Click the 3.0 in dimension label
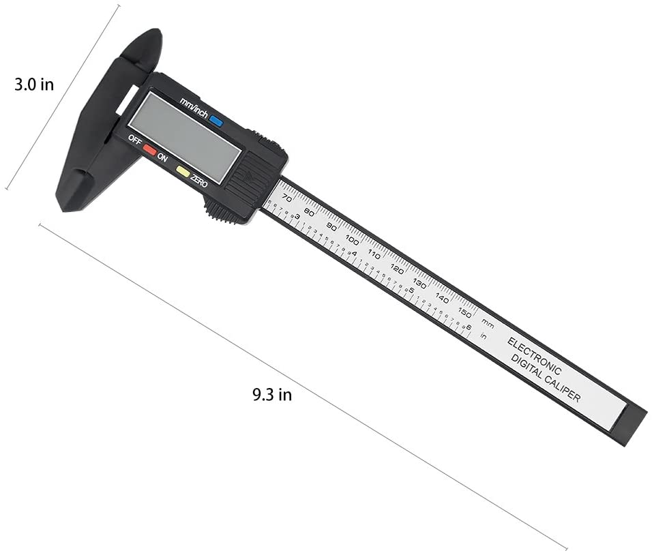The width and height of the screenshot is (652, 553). point(34,85)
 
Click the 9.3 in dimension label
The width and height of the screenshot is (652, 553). point(272,394)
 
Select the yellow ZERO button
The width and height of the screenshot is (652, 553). point(183,171)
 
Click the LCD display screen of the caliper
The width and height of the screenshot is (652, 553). point(184,136)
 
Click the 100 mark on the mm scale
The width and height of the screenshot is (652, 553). point(352,240)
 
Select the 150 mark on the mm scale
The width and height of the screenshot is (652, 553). point(465,313)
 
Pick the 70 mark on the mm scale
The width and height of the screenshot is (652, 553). point(287,198)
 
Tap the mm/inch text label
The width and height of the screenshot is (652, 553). point(194,108)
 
